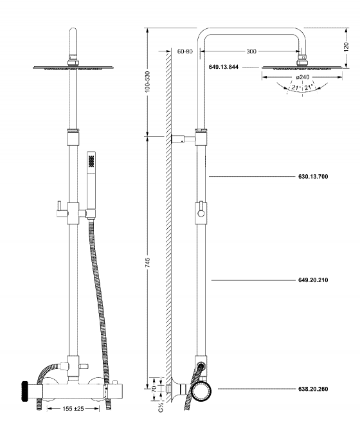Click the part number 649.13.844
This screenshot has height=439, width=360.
coord(224,67)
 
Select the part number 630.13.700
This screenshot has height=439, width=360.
coord(313,176)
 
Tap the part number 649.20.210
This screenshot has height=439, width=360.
coord(313,280)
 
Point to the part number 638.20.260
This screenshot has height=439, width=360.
coord(313,389)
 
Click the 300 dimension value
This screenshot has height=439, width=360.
coord(251,51)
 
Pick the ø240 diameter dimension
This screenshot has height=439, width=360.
coord(302,77)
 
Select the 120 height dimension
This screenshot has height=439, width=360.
coord(346,47)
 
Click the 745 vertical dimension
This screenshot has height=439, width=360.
coord(148,263)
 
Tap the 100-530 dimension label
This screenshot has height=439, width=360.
coord(148,82)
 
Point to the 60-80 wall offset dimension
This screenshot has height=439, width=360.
coord(185,51)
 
